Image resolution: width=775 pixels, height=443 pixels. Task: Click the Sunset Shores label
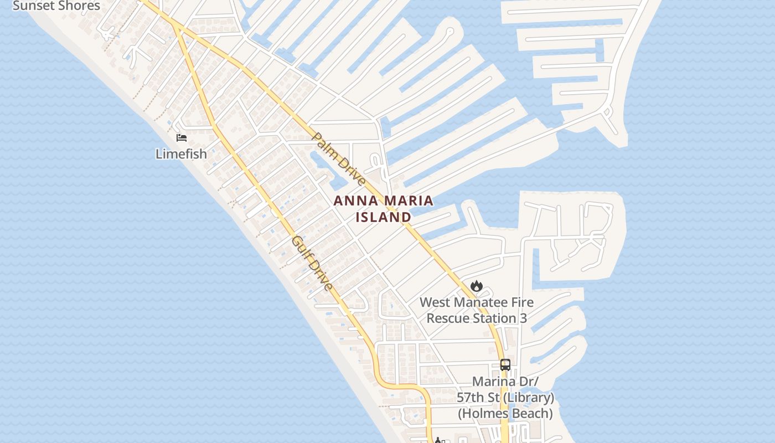[x=56, y=6]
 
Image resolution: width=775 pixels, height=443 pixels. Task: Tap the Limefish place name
[x=181, y=154]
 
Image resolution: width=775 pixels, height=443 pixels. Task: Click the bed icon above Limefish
[x=182, y=138]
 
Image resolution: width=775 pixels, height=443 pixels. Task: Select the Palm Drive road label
[x=338, y=159]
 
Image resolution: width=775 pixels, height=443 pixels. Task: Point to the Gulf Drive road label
[x=312, y=263]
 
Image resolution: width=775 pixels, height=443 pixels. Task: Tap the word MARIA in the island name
[x=406, y=201]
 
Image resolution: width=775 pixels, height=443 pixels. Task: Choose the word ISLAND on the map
[x=383, y=217]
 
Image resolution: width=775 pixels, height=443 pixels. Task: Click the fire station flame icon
[x=476, y=286]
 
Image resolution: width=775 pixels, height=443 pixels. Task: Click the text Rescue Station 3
[x=476, y=318]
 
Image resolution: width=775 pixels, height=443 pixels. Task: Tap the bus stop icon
[x=505, y=365]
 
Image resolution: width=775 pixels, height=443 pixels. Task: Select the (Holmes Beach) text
[x=505, y=413]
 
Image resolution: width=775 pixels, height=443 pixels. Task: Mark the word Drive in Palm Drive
[x=348, y=169]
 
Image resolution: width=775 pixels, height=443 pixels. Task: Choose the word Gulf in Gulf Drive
[x=301, y=248]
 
